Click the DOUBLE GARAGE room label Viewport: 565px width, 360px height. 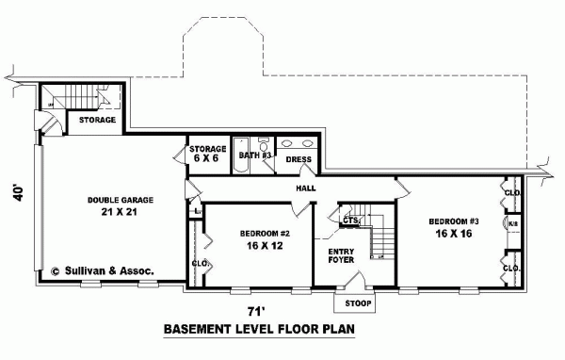120,200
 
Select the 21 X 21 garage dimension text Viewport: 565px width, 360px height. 120,213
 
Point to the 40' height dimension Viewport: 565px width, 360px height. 15,192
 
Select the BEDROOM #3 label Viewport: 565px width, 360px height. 454,221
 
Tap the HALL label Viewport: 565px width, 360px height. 306,188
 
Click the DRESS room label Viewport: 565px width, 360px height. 299,160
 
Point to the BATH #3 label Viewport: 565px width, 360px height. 254,153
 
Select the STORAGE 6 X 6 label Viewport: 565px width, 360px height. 207,154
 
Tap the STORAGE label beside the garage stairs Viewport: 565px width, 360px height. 97,120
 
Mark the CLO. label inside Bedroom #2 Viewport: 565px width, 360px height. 199,263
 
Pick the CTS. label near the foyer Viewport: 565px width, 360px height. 350,221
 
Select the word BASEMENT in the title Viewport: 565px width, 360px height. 202,330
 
